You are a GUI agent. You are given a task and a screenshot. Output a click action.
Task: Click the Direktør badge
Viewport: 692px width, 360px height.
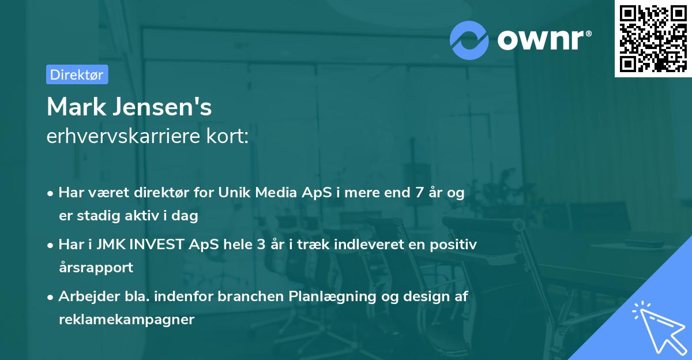click(77, 74)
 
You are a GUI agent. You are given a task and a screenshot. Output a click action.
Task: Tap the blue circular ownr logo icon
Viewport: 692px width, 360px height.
click(469, 40)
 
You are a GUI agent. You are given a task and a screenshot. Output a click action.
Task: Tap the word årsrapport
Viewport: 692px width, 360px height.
click(96, 267)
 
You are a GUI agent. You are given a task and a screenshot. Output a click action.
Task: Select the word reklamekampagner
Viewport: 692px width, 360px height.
click(126, 319)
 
